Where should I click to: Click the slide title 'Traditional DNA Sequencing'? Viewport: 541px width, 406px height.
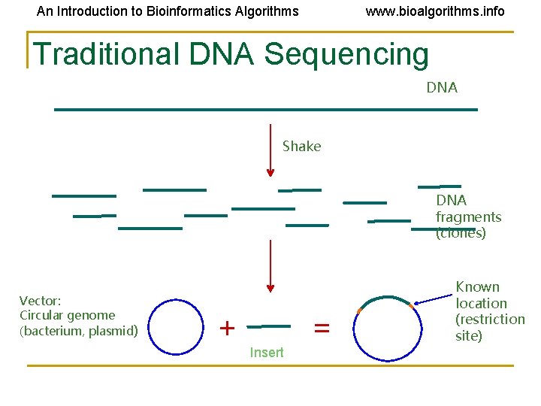coord(231,54)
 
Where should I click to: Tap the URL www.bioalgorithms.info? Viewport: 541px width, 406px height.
coord(434,11)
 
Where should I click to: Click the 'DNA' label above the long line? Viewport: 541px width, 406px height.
coord(442,88)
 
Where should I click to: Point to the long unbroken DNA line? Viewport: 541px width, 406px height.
coord(265,110)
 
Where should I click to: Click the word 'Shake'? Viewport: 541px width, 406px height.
coord(301,147)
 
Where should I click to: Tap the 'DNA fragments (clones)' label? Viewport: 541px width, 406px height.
coord(468,217)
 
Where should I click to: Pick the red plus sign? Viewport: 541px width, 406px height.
coord(226,328)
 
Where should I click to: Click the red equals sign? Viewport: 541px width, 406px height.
coord(322,328)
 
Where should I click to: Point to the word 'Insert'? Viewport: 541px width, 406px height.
coord(267,353)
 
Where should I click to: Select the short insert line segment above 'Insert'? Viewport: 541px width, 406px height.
coord(268,326)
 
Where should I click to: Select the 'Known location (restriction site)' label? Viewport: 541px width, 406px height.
coord(490,311)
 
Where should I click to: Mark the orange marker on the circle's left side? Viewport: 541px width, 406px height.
coord(359,311)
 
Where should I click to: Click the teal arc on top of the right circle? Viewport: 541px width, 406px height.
coord(385,298)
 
